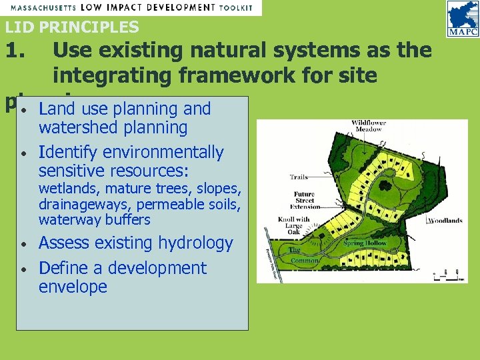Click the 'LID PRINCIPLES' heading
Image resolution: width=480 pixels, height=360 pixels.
point(72,27)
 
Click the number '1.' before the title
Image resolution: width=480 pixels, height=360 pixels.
point(21,51)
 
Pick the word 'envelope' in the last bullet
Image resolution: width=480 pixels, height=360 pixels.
point(73,287)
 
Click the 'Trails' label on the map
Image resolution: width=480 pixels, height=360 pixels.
point(299,177)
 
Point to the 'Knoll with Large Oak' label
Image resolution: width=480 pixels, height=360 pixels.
point(294,223)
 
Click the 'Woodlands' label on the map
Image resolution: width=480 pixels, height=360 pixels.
point(445,221)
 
